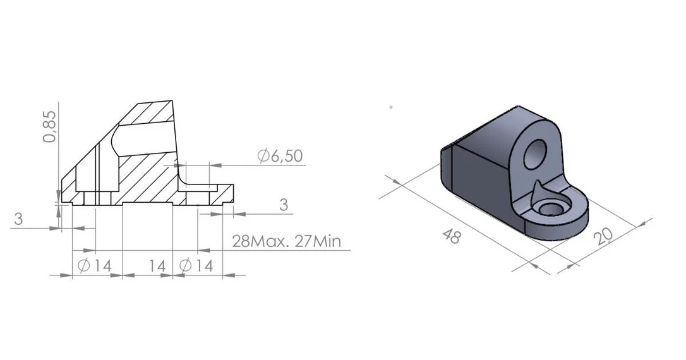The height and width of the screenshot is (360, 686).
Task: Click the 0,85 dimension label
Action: click(50, 126)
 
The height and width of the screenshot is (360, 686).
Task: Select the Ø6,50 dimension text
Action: click(280, 156)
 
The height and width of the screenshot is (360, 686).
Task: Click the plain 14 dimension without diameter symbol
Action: click(157, 265)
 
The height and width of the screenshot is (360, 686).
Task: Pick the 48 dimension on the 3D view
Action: click(452, 236)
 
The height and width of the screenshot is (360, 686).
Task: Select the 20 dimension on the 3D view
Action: click(604, 236)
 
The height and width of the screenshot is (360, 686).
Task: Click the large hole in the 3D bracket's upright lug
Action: click(536, 154)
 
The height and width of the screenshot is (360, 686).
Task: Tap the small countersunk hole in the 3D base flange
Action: click(550, 208)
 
